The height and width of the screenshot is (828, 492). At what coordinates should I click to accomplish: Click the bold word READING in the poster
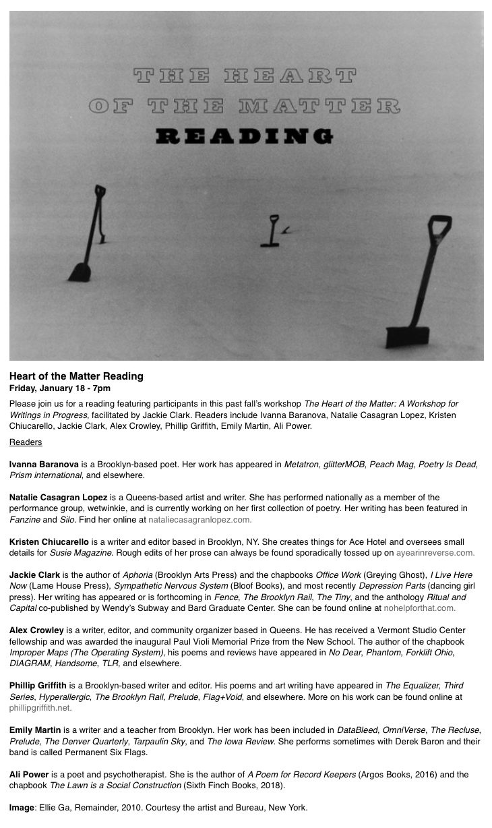(x=244, y=138)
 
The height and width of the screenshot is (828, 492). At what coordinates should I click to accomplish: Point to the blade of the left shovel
(x=80, y=271)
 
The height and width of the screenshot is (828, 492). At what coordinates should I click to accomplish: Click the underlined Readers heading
(x=26, y=442)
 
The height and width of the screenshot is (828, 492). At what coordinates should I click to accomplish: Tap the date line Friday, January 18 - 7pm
(x=60, y=388)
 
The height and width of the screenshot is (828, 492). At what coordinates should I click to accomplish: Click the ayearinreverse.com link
(x=435, y=552)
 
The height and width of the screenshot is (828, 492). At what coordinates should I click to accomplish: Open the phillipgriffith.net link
(x=40, y=707)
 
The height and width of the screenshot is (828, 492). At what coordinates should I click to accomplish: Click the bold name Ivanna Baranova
(x=44, y=465)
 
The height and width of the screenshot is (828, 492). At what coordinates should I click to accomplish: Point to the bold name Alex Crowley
(x=36, y=630)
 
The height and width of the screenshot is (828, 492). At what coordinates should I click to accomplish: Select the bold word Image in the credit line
(x=22, y=807)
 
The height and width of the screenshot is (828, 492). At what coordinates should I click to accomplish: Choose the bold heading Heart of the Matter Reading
(x=76, y=376)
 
